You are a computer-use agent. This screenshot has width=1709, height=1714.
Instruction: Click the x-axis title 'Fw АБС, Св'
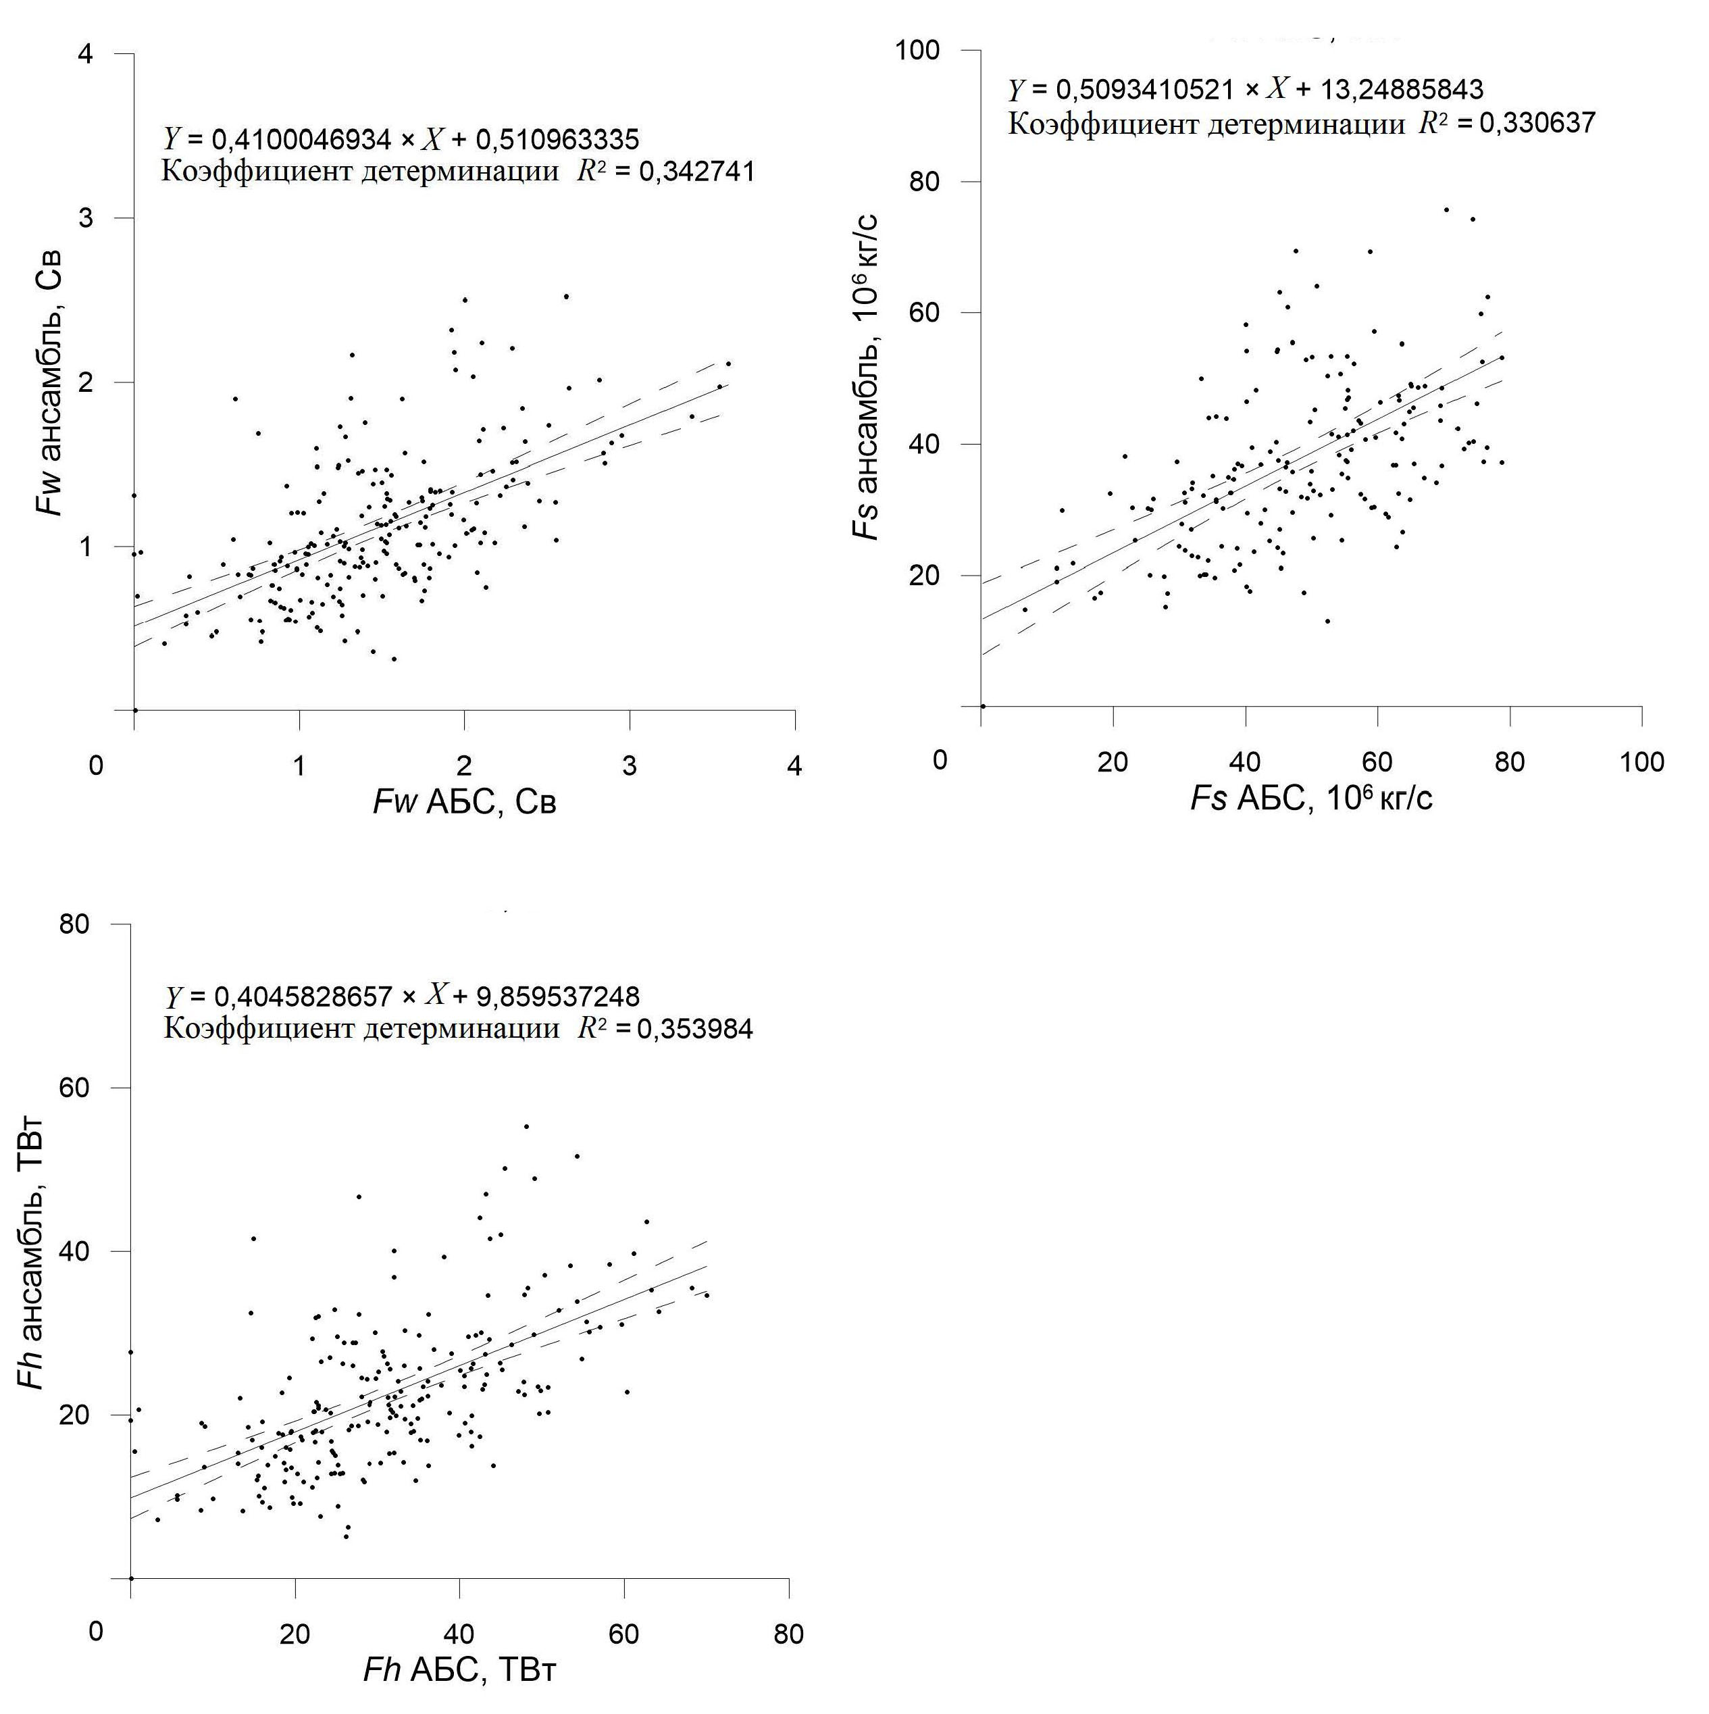465,802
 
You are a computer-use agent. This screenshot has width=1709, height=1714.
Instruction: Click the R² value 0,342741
685,171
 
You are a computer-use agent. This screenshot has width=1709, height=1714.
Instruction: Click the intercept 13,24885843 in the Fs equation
1415,90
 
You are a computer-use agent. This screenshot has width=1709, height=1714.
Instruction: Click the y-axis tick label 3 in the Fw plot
85,218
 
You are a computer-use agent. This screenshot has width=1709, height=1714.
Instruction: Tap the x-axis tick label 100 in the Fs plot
1641,761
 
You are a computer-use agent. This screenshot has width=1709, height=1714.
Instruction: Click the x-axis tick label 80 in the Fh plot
788,1634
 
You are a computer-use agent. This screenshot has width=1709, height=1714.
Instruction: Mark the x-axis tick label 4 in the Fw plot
794,765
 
